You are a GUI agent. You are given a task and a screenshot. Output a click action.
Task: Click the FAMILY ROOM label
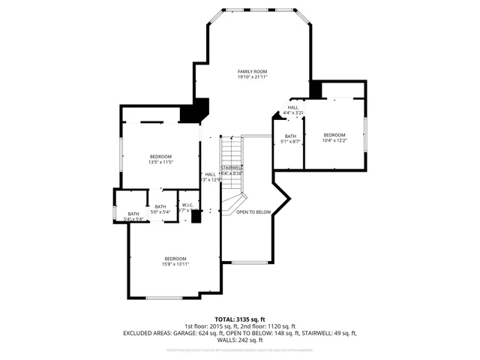[x=252, y=71]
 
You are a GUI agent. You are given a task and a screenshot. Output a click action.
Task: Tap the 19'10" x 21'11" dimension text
[x=252, y=77]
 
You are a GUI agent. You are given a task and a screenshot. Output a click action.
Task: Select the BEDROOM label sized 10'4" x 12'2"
[x=334, y=134]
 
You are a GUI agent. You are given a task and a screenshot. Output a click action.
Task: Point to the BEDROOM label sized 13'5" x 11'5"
[x=160, y=156]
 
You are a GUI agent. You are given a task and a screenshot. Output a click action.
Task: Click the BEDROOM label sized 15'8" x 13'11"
[x=176, y=259]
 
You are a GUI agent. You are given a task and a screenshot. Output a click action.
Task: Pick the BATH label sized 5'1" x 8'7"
[x=290, y=136]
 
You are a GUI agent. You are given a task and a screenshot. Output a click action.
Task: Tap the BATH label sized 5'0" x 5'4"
[x=160, y=206]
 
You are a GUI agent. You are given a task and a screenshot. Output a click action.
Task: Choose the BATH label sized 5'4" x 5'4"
[x=133, y=214]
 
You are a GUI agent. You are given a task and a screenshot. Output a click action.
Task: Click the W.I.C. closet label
[x=187, y=206]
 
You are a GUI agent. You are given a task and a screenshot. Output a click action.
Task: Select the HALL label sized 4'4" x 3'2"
[x=292, y=107]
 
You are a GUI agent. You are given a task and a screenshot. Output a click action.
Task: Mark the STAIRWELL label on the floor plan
[x=232, y=167]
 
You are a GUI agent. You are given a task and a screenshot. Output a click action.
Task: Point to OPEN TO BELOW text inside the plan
[x=253, y=212]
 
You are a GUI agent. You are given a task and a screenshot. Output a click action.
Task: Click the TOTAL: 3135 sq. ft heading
[x=239, y=319]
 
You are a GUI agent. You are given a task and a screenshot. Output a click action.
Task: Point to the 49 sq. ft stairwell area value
[x=345, y=332]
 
